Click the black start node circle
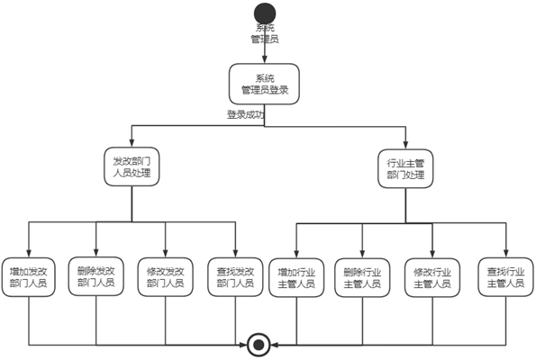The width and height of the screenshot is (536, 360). (265, 13)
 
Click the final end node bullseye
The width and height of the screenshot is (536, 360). (259, 345)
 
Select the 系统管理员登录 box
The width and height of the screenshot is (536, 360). (264, 84)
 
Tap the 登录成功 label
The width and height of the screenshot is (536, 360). (246, 114)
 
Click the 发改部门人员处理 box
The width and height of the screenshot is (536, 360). (132, 166)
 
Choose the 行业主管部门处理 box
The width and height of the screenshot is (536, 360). (405, 168)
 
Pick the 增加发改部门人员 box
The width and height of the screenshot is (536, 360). (28, 277)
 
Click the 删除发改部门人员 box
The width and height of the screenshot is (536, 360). (96, 276)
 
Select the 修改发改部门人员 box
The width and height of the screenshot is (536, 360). (166, 277)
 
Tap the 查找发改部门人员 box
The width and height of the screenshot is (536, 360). (235, 277)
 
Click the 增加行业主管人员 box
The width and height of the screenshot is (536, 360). (296, 278)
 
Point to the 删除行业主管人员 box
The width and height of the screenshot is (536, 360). (362, 278)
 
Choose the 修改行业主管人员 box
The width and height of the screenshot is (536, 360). (432, 278)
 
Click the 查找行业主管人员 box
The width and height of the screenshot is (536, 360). (505, 277)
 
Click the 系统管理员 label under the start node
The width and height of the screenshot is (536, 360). (265, 33)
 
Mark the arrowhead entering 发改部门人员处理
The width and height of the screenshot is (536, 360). (132, 143)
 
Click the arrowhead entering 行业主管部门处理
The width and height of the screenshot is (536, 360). (405, 145)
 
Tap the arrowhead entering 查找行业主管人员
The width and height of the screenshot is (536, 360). (506, 253)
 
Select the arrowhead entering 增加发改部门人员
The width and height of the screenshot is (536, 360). (28, 253)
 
